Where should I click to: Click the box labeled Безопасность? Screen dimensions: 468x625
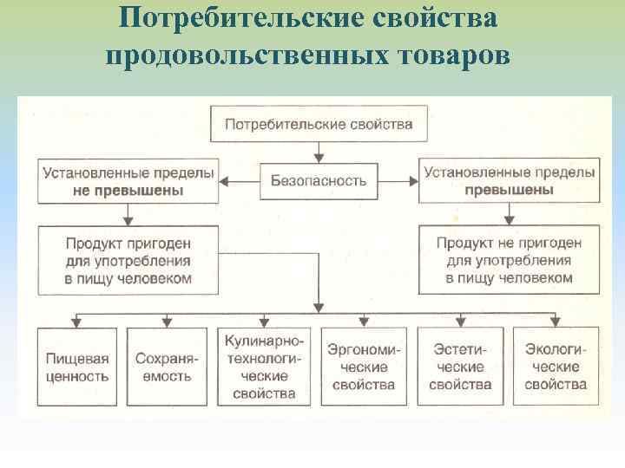click(319, 181)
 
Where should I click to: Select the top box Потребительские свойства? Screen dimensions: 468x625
click(319, 125)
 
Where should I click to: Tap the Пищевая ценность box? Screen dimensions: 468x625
click(78, 367)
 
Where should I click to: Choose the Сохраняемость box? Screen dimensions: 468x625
click(168, 367)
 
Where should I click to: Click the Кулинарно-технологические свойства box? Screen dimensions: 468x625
click(263, 367)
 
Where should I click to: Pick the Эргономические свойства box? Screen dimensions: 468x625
click(363, 367)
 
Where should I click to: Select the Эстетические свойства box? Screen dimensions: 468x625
click(460, 367)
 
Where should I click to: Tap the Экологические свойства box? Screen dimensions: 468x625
click(556, 367)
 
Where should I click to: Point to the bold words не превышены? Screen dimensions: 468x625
click(128, 190)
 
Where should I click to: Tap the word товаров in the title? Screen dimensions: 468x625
click(452, 55)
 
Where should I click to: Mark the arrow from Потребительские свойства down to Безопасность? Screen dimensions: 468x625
click(319, 151)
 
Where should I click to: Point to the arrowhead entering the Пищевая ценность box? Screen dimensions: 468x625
click(78, 322)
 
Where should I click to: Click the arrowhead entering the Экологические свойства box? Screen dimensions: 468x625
click(556, 322)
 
